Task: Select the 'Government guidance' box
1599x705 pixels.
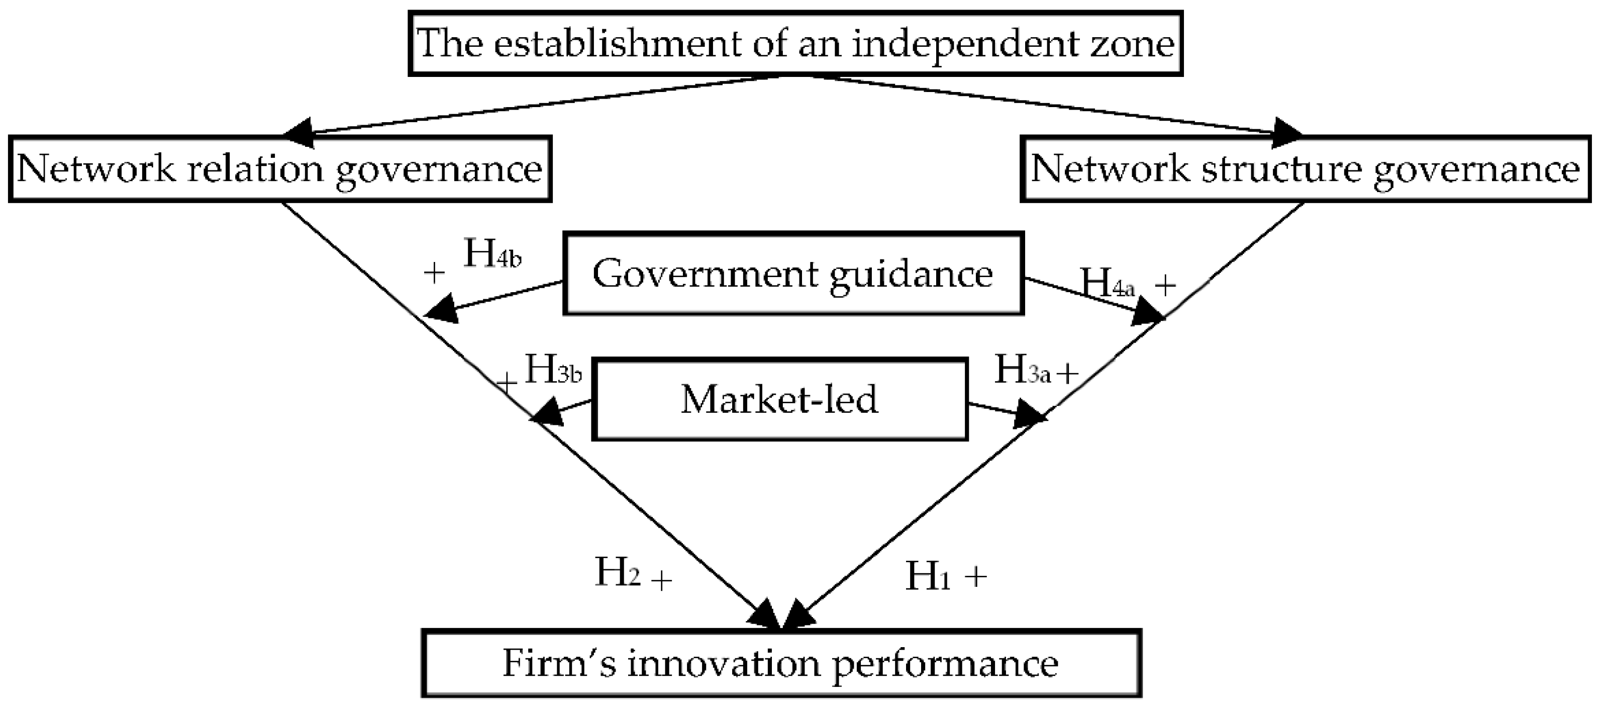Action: pyautogui.click(x=793, y=274)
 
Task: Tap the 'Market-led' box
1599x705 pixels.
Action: pyautogui.click(x=779, y=399)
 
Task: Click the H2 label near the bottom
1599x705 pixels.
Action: pyautogui.click(x=618, y=573)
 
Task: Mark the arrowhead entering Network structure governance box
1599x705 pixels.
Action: pyautogui.click(x=1285, y=132)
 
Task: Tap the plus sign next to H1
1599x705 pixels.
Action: pyautogui.click(x=976, y=576)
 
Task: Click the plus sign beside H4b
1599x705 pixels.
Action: pyautogui.click(x=435, y=272)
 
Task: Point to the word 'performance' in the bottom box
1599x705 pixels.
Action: pyautogui.click(x=945, y=663)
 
